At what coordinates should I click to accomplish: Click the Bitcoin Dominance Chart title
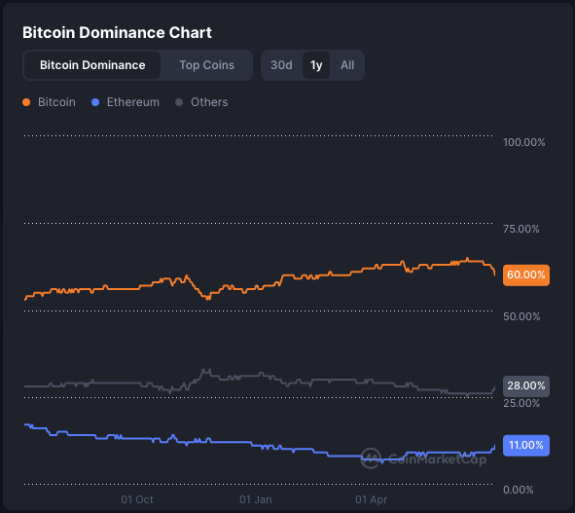117,32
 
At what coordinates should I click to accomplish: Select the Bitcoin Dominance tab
92,65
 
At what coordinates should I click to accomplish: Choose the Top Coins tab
206,65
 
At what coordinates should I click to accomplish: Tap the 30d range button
281,65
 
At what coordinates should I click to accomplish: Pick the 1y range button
316,65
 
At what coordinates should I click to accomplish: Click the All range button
347,65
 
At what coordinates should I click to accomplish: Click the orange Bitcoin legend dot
26,102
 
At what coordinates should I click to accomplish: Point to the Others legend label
209,102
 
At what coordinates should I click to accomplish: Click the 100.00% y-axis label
524,143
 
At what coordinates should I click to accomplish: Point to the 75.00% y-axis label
521,229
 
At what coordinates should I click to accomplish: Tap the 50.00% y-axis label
521,316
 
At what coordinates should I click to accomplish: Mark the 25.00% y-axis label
521,403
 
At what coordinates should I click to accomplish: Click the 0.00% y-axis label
519,490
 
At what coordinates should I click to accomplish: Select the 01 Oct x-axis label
137,499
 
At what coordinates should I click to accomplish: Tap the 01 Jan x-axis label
256,499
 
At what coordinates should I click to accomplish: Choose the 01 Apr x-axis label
372,499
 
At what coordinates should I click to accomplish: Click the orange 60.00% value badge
526,275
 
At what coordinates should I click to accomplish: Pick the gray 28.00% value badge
526,385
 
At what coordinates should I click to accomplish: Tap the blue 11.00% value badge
526,445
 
